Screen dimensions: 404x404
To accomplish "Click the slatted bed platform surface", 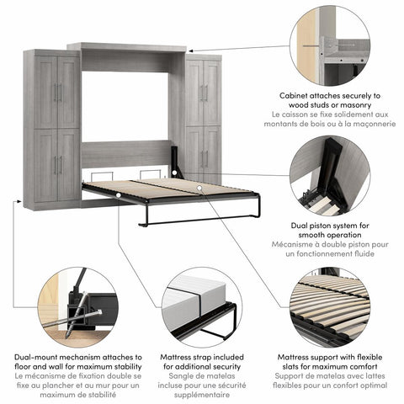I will click(168, 189).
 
